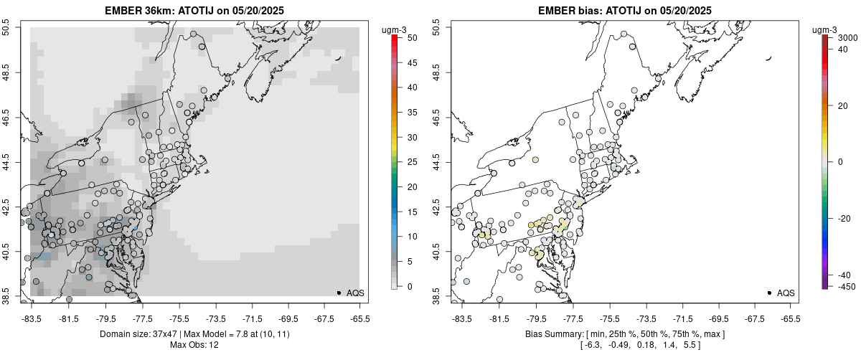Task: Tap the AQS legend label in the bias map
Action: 786,293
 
